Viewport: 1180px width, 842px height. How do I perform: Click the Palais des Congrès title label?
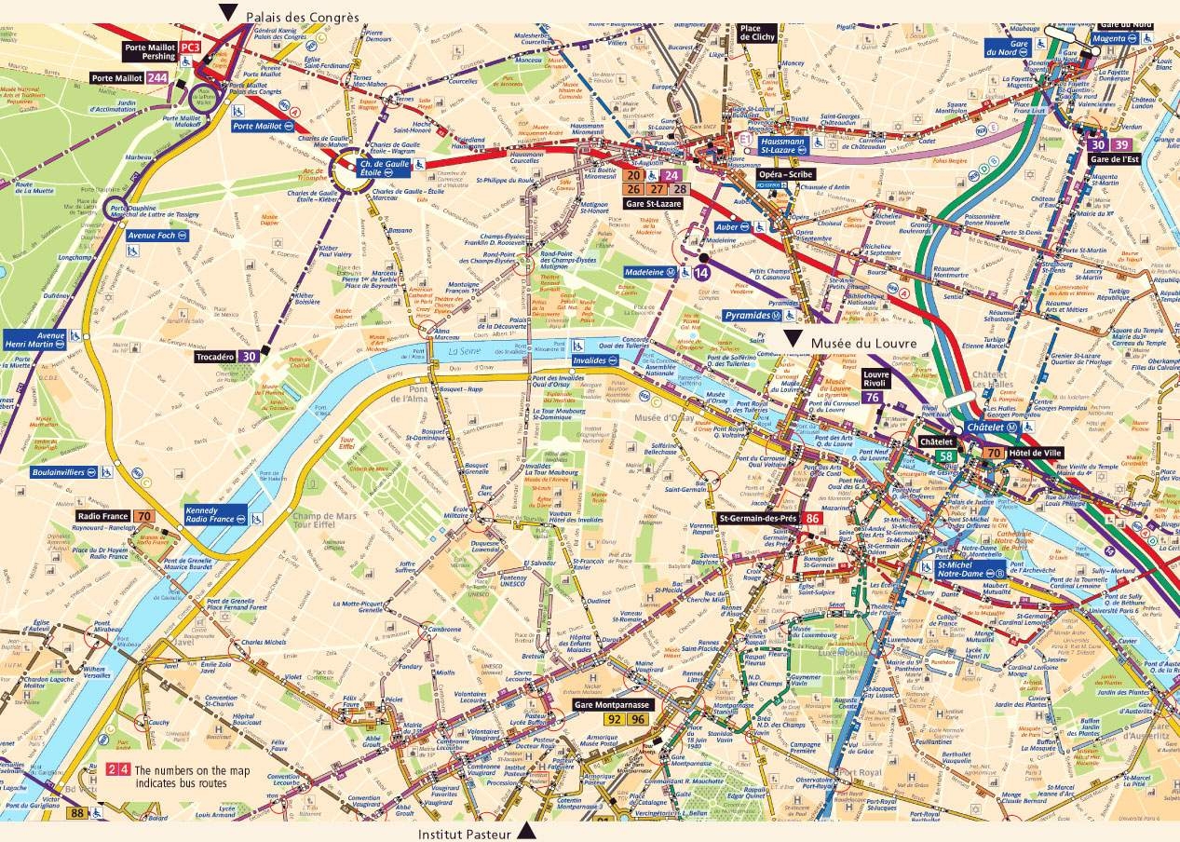tap(302, 16)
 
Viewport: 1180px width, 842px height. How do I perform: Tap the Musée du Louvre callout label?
tap(863, 344)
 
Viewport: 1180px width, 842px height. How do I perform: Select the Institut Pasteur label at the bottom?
tap(465, 834)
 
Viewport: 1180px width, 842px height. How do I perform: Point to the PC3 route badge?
tap(191, 47)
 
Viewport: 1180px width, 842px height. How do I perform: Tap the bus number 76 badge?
tap(873, 397)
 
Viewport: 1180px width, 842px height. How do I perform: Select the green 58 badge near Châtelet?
tap(945, 456)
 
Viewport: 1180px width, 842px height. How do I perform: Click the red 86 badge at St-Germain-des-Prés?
tap(813, 519)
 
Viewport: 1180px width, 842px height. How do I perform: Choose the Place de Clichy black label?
tap(750, 34)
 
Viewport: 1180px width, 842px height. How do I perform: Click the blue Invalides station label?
tap(589, 360)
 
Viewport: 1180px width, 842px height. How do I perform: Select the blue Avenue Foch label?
tap(152, 236)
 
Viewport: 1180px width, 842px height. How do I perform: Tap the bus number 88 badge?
tap(76, 813)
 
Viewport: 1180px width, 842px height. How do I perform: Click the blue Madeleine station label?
tap(651, 272)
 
